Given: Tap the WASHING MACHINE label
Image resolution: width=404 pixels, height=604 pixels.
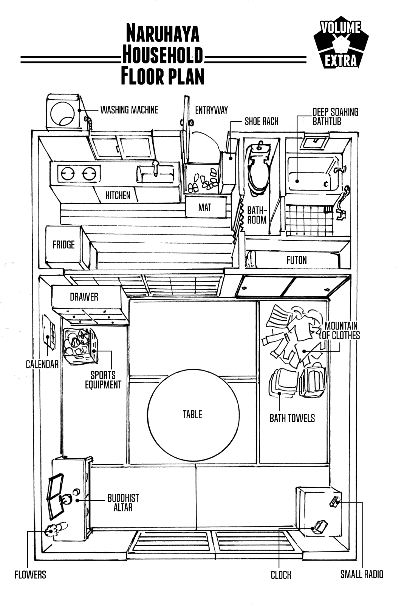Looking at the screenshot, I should tap(129, 110).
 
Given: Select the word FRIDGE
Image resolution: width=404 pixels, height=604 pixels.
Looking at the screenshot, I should tap(63, 245).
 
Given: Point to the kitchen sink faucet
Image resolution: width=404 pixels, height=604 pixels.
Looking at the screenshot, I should tap(155, 166).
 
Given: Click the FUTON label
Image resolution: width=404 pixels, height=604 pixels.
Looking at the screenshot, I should tap(296, 260).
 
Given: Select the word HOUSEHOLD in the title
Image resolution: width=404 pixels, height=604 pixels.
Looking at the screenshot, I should tap(163, 57).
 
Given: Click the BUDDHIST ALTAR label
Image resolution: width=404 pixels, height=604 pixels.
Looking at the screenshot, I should tap(123, 502).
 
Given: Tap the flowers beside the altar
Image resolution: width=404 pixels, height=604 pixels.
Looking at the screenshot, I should tap(53, 530).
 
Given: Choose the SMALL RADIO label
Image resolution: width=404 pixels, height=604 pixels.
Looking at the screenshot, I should tap(362, 574).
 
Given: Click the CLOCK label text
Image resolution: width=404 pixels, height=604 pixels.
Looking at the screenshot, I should tap(281, 575).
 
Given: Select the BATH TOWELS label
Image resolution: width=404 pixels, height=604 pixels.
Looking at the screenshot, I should tap(292, 418).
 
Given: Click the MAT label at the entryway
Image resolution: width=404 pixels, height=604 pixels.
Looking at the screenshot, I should tap(205, 207).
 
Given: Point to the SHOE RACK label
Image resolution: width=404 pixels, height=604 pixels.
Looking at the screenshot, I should tap(262, 121).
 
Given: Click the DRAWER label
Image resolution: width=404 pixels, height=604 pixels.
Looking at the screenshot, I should tap(84, 297).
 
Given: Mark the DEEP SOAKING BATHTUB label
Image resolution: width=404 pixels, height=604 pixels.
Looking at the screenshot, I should tap(335, 117).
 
